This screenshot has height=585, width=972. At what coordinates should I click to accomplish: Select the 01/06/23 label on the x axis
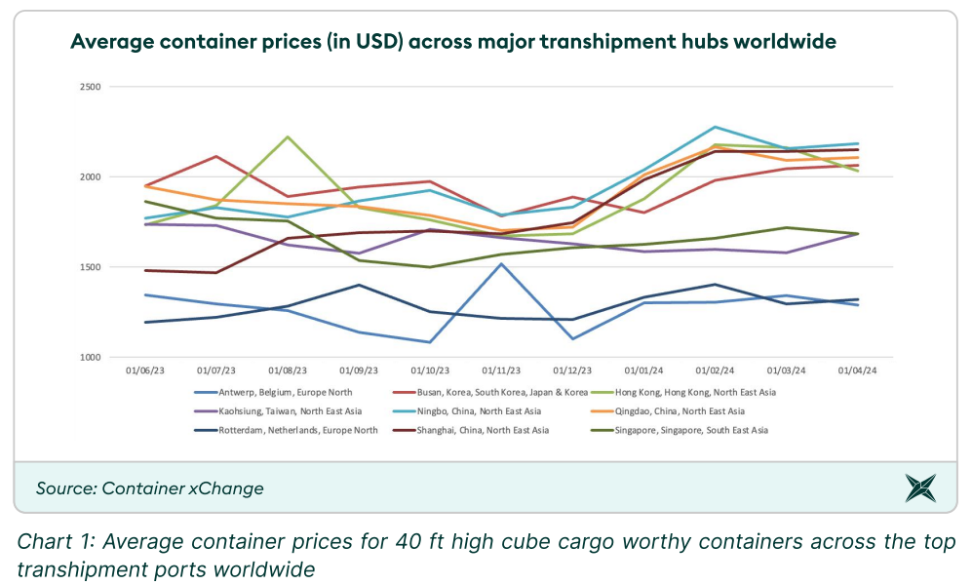[145, 370]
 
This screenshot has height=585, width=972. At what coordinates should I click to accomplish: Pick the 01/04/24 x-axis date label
[858, 370]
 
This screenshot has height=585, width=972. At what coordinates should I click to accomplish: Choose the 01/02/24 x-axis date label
[716, 370]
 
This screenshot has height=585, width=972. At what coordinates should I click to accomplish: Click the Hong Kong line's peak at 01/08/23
[288, 136]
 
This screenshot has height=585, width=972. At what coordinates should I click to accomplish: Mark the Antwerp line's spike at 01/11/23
[501, 263]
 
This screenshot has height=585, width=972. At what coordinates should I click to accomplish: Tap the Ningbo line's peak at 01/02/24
[716, 127]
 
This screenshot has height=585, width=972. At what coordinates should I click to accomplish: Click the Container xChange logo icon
[919, 487]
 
